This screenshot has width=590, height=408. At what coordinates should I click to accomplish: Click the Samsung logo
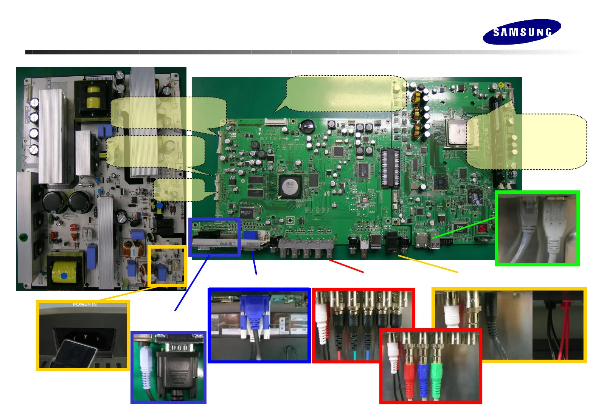[x=522, y=32]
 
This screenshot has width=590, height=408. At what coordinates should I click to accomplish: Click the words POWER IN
[x=85, y=304]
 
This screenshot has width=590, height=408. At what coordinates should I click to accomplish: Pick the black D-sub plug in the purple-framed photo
[x=177, y=370]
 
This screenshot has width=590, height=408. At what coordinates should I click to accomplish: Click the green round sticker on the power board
[x=24, y=238]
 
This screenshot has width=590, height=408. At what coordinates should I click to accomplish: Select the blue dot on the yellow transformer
[x=64, y=276]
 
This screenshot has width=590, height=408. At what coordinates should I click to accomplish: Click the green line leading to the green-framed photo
[x=465, y=227]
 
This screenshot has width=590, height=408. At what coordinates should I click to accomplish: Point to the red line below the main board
[x=346, y=266]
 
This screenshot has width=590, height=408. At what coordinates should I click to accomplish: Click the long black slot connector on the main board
[x=390, y=168]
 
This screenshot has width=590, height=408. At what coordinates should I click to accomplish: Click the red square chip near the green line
[x=482, y=229]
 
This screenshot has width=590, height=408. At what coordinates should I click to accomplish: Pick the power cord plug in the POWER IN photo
[x=76, y=353]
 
